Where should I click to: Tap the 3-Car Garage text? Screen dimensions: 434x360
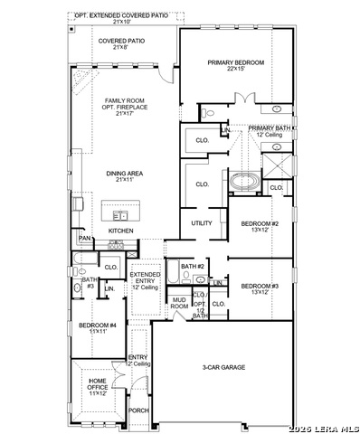click(223, 367)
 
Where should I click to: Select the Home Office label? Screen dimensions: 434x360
click(97, 385)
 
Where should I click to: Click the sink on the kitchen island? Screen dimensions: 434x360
click(120, 215)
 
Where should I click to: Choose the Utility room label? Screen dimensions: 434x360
click(201, 222)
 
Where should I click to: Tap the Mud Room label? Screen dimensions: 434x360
click(179, 303)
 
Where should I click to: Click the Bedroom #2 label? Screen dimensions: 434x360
click(260, 226)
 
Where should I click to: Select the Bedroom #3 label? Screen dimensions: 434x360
click(260, 288)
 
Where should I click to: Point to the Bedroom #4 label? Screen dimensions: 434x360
click(97, 327)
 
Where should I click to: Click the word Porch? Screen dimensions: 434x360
click(138, 410)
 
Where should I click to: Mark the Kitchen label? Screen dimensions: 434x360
click(120, 231)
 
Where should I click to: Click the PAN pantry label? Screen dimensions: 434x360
click(84, 239)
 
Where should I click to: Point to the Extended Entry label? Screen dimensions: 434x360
click(145, 281)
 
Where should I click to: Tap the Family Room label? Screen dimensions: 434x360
click(124, 107)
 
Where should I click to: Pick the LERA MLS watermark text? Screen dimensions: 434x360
click(323, 428)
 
